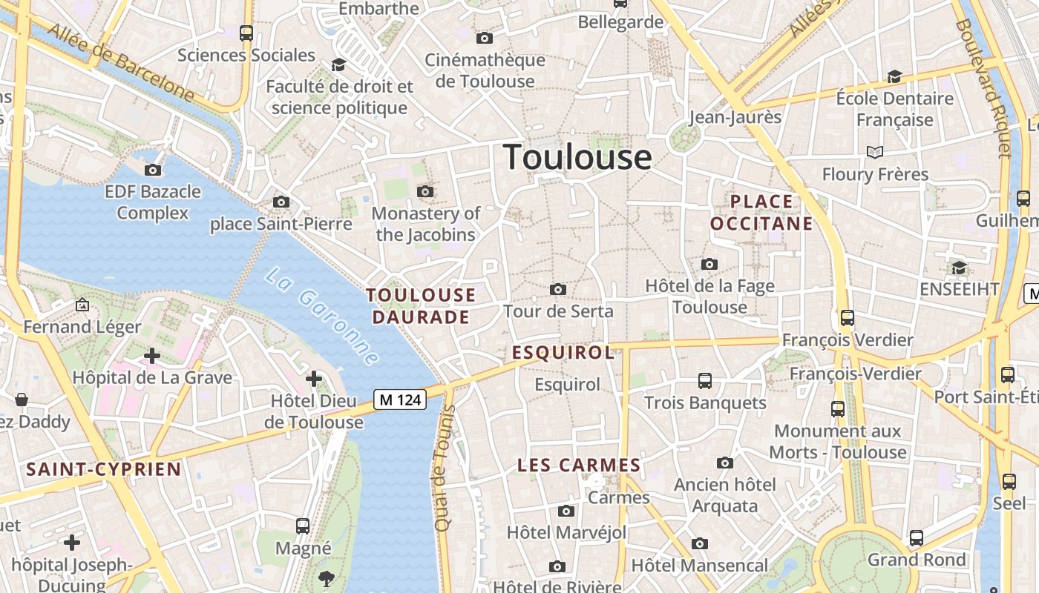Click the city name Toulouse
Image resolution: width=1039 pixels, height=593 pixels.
[x=577, y=157]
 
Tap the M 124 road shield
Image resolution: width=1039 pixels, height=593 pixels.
[x=400, y=400]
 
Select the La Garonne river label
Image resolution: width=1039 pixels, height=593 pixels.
[x=322, y=315]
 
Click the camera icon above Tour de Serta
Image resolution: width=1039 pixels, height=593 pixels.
[x=558, y=289]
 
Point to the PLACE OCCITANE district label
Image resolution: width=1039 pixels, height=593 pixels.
[x=761, y=212]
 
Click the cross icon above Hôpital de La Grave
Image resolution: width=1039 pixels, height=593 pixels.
[x=152, y=356]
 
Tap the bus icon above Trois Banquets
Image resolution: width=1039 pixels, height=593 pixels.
[x=705, y=381]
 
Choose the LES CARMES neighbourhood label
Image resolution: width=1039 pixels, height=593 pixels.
[x=579, y=466]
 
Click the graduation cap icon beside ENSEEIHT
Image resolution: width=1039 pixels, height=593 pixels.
[x=960, y=268]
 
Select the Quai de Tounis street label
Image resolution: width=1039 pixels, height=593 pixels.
[x=445, y=467]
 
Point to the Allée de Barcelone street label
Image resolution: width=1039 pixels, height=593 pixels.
[x=122, y=63]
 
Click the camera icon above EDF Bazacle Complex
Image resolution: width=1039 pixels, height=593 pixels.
[x=153, y=170]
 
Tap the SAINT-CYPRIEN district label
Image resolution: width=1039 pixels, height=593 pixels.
[x=104, y=469]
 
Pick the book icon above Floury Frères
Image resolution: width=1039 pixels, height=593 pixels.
[x=875, y=152]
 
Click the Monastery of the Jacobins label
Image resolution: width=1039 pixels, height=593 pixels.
[x=426, y=224]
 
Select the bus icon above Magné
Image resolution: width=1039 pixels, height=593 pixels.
[x=303, y=526]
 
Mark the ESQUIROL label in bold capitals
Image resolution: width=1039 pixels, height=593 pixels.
[x=563, y=353]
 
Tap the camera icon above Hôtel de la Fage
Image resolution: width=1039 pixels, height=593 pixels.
[x=709, y=264]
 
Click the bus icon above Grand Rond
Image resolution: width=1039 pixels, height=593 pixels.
[x=917, y=538]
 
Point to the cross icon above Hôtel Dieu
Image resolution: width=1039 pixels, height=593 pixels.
[x=314, y=380]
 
